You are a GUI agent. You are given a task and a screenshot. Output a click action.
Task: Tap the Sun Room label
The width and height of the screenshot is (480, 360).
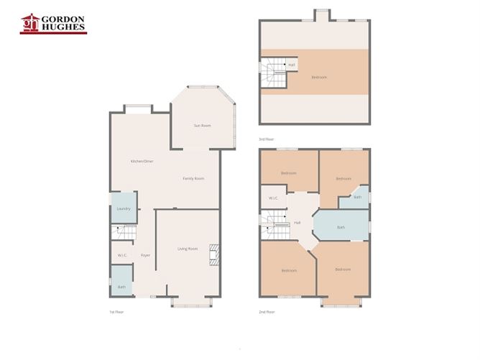pos(202,126)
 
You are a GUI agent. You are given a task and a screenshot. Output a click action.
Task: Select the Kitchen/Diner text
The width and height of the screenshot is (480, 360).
pos(142,161)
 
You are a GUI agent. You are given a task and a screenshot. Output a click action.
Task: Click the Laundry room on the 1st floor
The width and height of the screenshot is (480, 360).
pos(124,208)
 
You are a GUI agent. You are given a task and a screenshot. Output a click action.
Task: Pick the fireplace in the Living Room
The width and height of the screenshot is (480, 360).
pos(213,255)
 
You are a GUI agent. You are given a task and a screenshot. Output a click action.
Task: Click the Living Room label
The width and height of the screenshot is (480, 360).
pos(188,249)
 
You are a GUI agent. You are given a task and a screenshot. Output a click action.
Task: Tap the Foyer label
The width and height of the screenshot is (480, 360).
pos(145,255)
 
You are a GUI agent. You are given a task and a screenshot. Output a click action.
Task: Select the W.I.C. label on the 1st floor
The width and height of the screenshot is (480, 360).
pos(123,255)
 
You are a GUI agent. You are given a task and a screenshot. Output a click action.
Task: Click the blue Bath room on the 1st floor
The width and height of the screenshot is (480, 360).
pos(121,282)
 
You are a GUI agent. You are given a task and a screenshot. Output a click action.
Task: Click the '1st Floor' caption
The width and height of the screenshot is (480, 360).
pos(116,312)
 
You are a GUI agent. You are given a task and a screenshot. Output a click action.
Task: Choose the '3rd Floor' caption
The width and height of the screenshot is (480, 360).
pos(266,139)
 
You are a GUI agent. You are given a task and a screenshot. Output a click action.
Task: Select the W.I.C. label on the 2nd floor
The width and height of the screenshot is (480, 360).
pos(273,198)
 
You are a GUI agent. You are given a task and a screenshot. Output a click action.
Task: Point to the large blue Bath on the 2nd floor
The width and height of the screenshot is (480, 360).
pos(341,228)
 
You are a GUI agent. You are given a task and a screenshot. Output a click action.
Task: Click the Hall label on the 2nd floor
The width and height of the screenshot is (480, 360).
pos(297,223)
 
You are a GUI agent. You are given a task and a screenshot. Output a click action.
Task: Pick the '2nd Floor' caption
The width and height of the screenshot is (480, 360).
pos(267,312)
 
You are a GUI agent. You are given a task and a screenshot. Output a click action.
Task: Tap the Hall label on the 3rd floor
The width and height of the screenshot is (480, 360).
pos(292,65)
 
